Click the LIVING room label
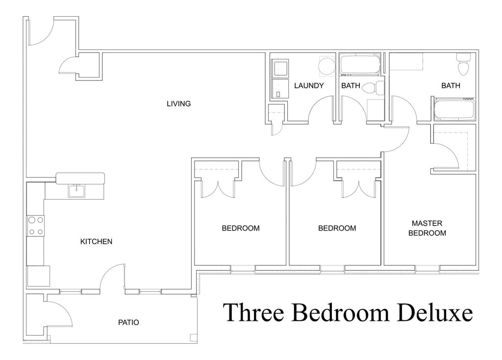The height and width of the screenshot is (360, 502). point(178,104)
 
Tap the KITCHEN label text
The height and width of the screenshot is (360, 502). point(96,242)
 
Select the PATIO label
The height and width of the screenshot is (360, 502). point(128,323)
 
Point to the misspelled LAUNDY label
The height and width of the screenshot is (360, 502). point(309,86)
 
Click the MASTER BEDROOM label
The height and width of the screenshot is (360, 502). point(427,228)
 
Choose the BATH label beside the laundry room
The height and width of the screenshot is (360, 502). point(351,86)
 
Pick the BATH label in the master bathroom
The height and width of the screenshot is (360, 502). point(451,86)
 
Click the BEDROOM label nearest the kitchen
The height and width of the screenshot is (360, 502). point(240,228)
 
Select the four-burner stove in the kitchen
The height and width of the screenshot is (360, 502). point(35,226)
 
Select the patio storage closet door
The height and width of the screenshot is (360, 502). point(59,314)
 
